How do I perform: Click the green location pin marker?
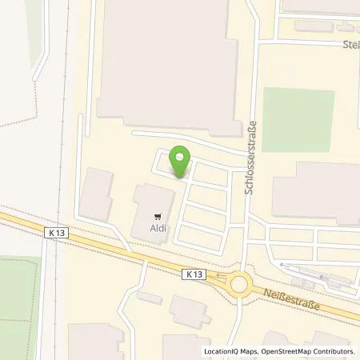click(x=182, y=161)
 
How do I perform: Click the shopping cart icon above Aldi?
click(x=158, y=214)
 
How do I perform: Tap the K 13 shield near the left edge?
click(x=54, y=231)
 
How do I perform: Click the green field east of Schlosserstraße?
click(x=298, y=120)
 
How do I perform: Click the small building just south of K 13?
click(x=149, y=297)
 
